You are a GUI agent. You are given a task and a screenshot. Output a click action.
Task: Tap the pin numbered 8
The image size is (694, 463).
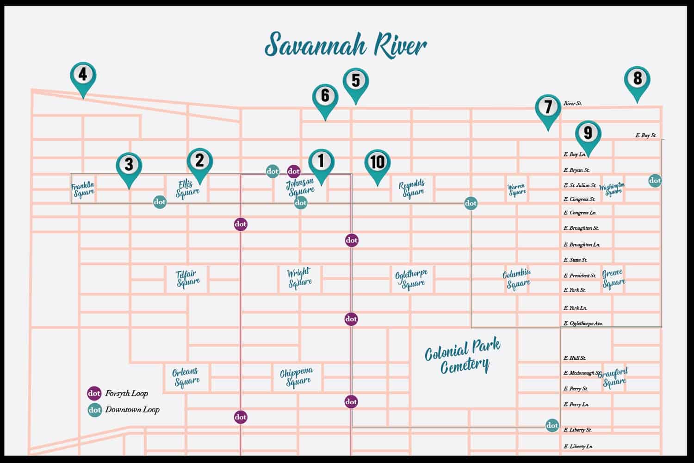coord(637,80)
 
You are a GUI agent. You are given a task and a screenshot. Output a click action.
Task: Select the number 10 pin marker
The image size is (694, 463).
coord(378,163)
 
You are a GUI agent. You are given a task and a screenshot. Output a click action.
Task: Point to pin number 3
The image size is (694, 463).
coord(129,165)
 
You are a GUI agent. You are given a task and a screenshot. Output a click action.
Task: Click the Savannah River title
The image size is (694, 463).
coord(346,45)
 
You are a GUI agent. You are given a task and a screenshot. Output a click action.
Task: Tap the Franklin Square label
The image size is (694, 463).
coord(83,189)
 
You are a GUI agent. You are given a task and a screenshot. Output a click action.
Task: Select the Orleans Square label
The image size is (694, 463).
coord(186,377)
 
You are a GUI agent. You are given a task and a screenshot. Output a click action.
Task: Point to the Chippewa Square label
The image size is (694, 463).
coord(297,377)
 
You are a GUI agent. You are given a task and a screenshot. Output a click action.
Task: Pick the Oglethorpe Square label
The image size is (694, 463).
coord(411,279)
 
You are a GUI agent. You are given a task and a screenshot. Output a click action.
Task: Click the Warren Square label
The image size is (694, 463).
coord(516,189)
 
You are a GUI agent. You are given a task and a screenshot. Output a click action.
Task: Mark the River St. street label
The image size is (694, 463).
coord(573,104)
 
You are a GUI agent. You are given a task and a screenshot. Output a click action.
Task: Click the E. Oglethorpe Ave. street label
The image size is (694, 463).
coord(583,323)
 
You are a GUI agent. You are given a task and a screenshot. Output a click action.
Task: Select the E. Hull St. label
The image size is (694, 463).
coord(575,358)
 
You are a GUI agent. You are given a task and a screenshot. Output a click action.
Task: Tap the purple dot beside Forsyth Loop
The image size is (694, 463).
coord(94,394)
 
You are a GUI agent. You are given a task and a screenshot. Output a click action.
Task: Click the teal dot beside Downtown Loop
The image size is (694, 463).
coord(94,410)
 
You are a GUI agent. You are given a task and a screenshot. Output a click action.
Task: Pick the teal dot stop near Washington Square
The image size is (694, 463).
coord(655,181)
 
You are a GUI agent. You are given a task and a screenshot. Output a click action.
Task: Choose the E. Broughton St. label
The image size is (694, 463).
coord(581,228)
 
